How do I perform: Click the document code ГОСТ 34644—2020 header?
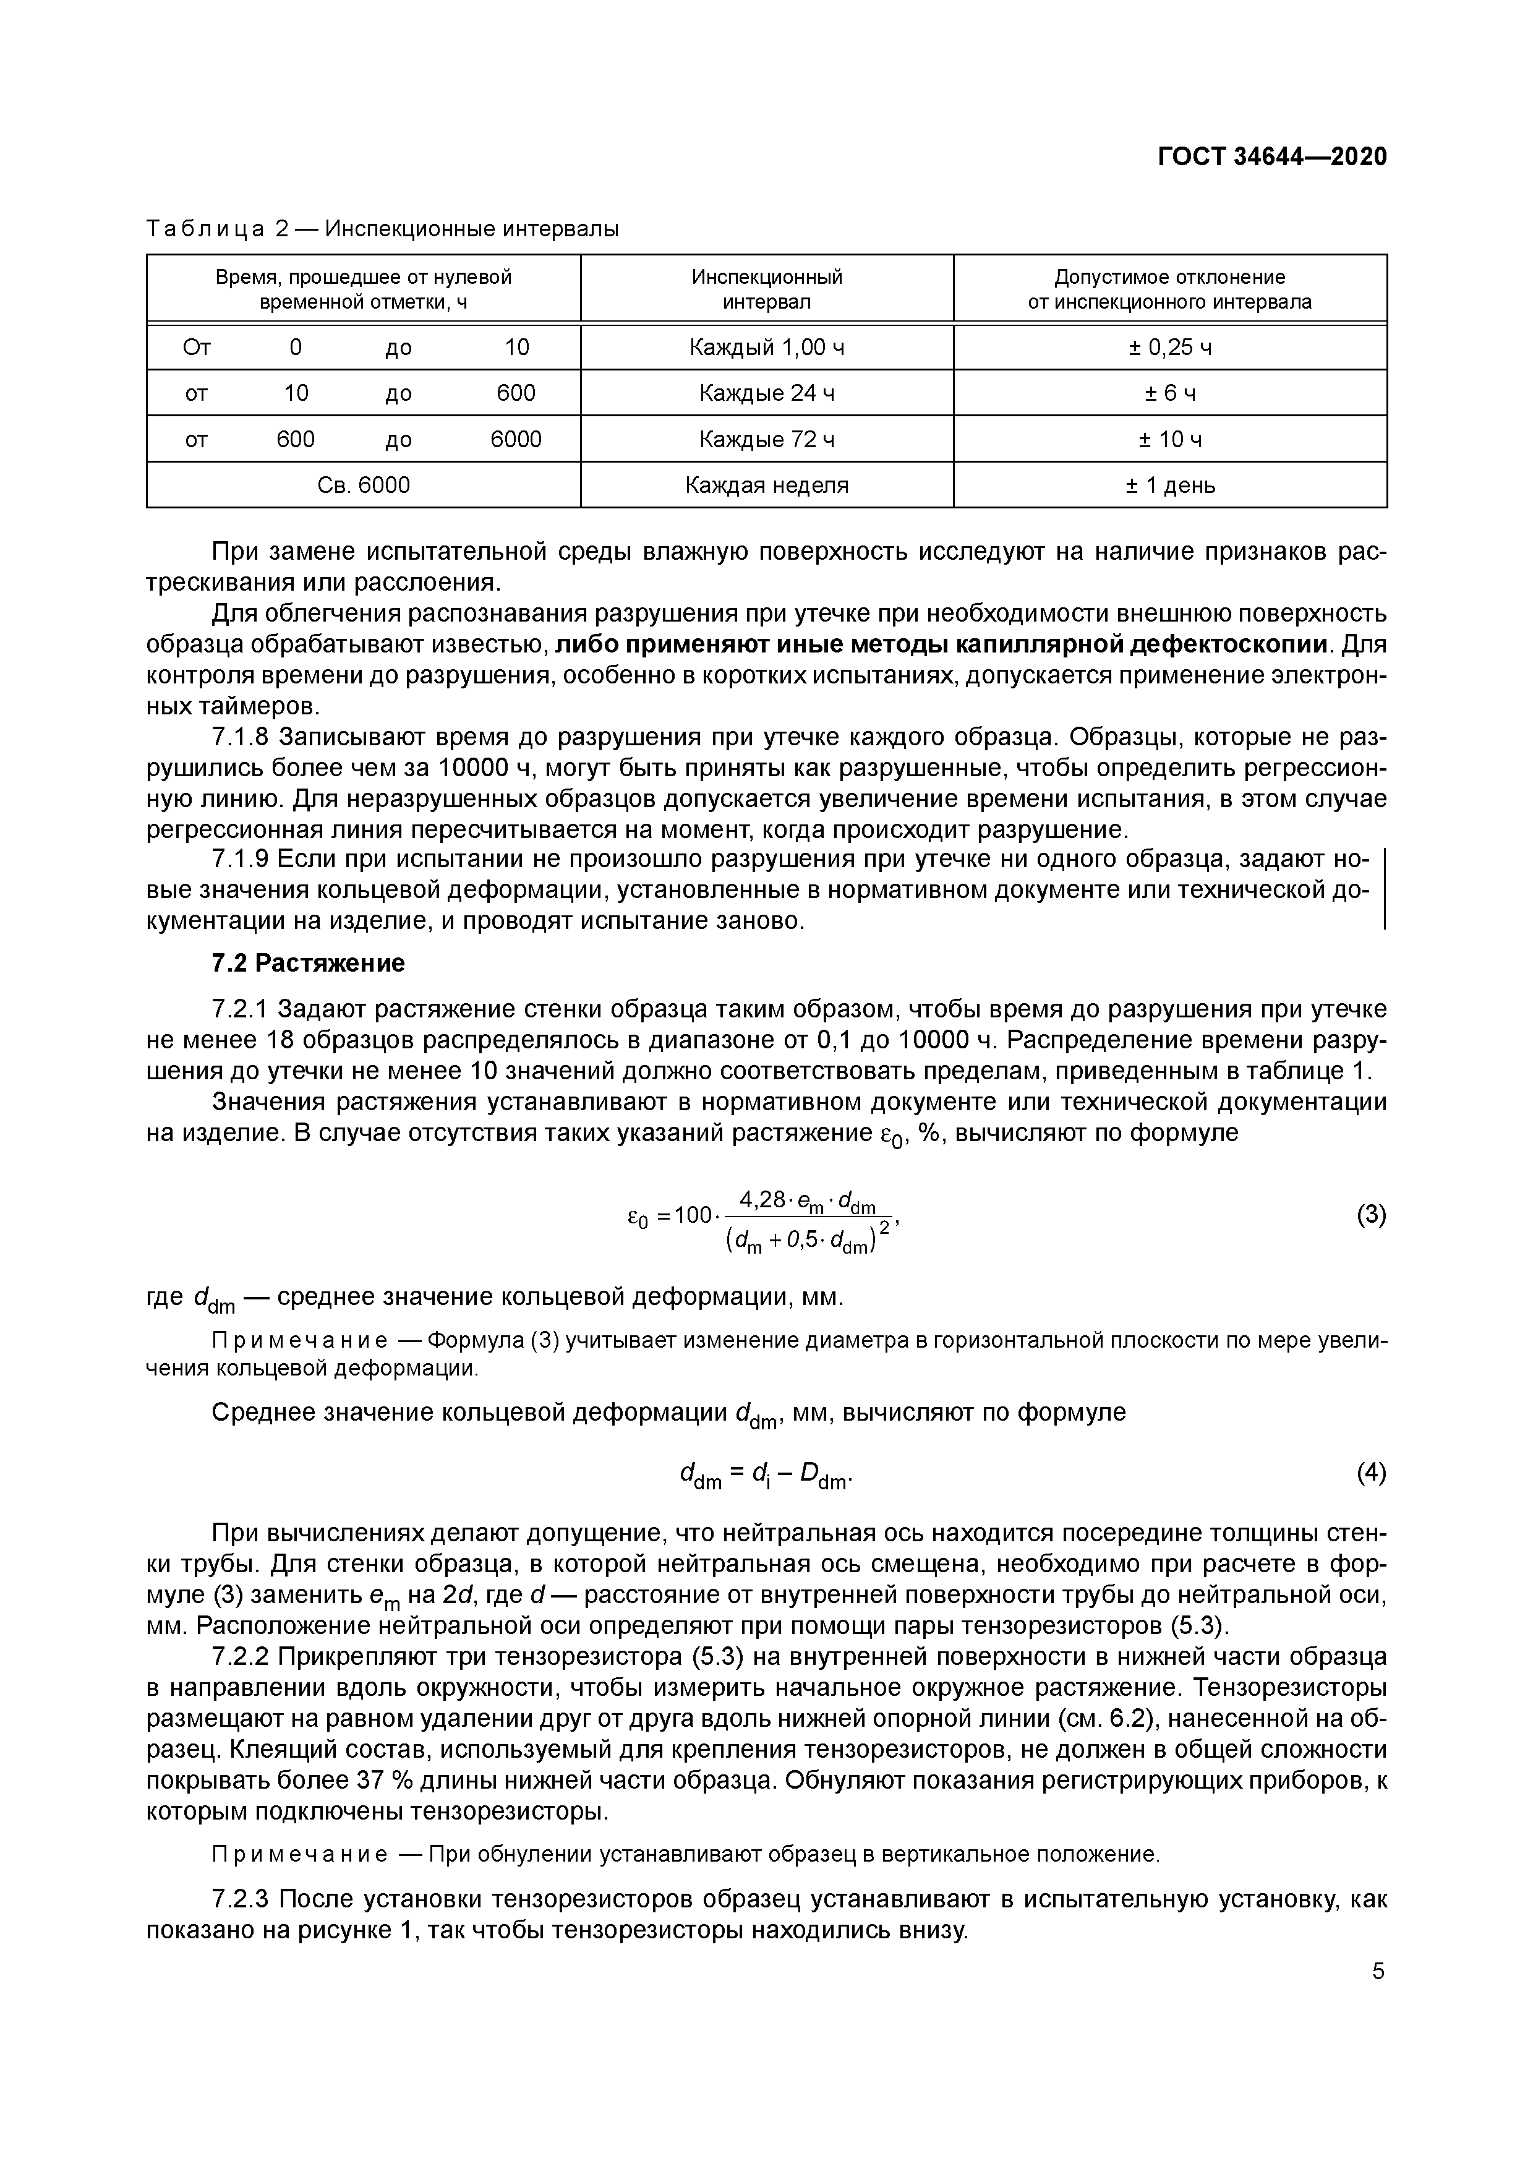click(1272, 157)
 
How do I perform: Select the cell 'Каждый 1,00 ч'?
click(766, 348)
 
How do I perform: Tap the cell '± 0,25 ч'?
click(1169, 348)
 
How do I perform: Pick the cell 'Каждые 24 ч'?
click(766, 393)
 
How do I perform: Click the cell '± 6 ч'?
click(1169, 393)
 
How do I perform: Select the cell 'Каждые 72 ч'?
click(766, 439)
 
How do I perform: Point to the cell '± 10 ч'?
click(1169, 439)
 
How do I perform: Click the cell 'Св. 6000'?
click(364, 486)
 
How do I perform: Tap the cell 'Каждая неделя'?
click(766, 486)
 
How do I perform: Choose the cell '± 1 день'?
click(1169, 486)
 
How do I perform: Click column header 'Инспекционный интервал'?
click(766, 289)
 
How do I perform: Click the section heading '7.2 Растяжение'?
click(308, 962)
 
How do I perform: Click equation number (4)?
click(1370, 1472)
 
